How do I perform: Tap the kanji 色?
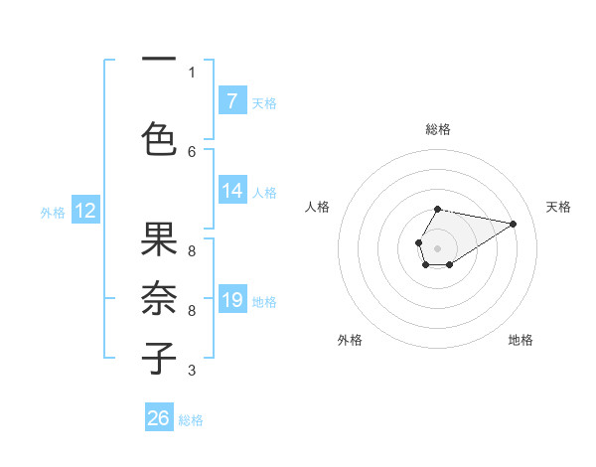pyautogui.click(x=159, y=138)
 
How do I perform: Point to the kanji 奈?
pyautogui.click(x=159, y=298)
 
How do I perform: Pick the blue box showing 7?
pyautogui.click(x=232, y=101)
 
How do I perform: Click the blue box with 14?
pyautogui.click(x=232, y=191)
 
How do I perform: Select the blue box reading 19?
pyautogui.click(x=232, y=300)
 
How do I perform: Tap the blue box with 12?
pyautogui.click(x=85, y=211)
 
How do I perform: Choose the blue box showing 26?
pyautogui.click(x=159, y=418)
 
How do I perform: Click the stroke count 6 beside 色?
pyautogui.click(x=192, y=151)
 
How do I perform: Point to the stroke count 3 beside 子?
pyautogui.click(x=192, y=371)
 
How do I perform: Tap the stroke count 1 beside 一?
pyautogui.click(x=192, y=72)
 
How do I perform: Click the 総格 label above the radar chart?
pyautogui.click(x=437, y=129)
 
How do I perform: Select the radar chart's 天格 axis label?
pyautogui.click(x=558, y=207)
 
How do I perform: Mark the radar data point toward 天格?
pyautogui.click(x=514, y=223)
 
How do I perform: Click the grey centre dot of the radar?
pyautogui.click(x=437, y=246)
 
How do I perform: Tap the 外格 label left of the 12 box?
pyautogui.click(x=52, y=212)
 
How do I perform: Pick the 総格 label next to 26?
pyautogui.click(x=192, y=420)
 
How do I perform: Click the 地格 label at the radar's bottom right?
pyautogui.click(x=521, y=340)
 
